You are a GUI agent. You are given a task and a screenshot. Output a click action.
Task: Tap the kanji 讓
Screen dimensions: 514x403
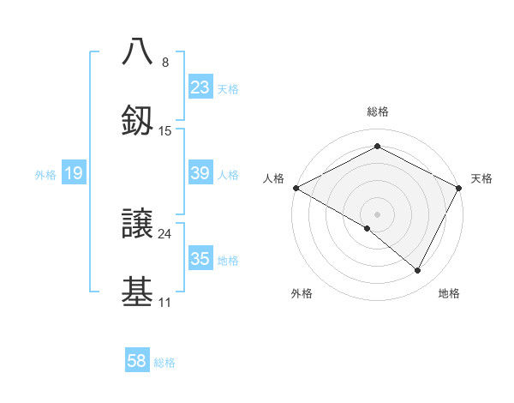[x=138, y=222]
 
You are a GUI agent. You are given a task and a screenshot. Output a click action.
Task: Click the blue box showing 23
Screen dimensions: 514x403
[x=200, y=87]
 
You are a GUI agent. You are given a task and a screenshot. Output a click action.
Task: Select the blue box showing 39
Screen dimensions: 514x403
[x=200, y=173]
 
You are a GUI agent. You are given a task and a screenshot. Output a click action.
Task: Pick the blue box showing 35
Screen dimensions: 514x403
[x=200, y=259]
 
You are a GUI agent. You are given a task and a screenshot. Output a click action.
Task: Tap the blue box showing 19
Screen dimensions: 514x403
[x=74, y=173]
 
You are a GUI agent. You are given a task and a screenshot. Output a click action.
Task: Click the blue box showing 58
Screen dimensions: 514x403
[x=137, y=361]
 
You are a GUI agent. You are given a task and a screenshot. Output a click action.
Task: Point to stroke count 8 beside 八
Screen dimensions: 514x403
[x=165, y=62]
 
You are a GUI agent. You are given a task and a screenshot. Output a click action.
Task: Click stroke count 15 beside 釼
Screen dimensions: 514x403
[x=165, y=131]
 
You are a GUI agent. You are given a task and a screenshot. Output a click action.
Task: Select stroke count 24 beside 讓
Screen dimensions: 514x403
[x=165, y=233]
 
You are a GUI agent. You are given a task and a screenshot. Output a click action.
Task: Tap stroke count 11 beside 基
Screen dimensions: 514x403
[x=165, y=303]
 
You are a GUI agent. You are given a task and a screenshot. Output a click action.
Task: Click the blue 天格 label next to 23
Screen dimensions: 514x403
[x=228, y=88]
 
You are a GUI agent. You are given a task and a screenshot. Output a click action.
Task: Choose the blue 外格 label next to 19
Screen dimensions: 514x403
[x=45, y=174]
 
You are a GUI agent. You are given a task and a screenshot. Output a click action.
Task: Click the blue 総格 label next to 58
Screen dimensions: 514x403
[x=164, y=362]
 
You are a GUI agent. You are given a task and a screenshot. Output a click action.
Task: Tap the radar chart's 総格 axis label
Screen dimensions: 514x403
[x=377, y=111]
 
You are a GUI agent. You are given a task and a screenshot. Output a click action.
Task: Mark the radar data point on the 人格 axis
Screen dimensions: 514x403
[x=296, y=188]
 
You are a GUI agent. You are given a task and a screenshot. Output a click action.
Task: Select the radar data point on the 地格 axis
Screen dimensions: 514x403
[x=418, y=271]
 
